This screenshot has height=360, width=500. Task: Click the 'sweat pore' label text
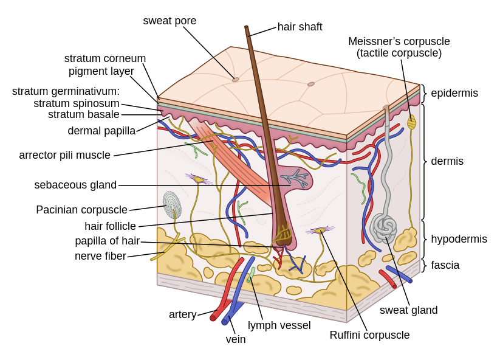(170, 21)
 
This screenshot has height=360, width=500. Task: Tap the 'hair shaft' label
(300, 27)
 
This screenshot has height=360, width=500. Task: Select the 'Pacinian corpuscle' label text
(81, 210)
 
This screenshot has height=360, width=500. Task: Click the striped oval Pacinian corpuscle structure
(172, 205)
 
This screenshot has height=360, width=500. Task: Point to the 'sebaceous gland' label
(75, 185)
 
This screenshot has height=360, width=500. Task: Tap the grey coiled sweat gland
(384, 227)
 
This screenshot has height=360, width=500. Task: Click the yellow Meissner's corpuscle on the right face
(411, 122)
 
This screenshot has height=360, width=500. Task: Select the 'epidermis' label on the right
(454, 93)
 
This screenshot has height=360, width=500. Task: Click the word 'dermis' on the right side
(447, 161)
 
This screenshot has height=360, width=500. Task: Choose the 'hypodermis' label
(459, 239)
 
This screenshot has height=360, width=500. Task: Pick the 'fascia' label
(445, 265)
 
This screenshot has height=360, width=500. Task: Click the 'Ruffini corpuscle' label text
(369, 335)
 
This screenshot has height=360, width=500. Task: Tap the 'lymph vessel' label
(279, 325)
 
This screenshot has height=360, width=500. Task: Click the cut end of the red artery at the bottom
(213, 317)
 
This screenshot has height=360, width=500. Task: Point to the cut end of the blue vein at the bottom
(225, 321)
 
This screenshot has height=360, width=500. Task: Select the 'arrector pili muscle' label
(64, 155)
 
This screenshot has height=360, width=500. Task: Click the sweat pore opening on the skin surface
(236, 80)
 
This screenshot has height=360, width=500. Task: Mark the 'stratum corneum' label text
(104, 58)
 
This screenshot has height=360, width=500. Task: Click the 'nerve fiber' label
(100, 256)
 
